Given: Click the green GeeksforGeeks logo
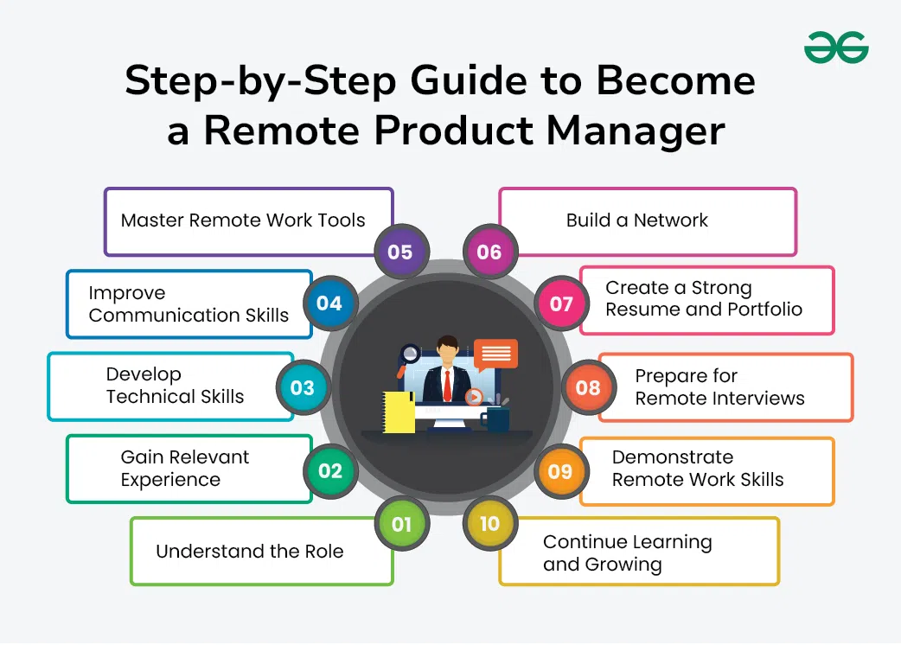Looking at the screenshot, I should [x=836, y=48].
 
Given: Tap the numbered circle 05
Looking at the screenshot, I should [x=400, y=252].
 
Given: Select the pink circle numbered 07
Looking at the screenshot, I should [x=561, y=303].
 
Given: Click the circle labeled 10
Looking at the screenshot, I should [x=489, y=524].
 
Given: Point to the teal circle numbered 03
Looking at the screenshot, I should [x=302, y=387].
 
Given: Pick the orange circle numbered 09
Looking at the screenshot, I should [x=560, y=471].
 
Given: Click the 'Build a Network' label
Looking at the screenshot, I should [x=636, y=220].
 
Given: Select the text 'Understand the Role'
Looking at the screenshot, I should [x=249, y=552].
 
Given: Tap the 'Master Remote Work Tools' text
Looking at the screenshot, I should [x=243, y=220].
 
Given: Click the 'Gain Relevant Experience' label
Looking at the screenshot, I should [x=184, y=468].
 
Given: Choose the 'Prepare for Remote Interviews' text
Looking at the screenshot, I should [x=719, y=387].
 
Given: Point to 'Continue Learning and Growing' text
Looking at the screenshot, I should [x=628, y=553].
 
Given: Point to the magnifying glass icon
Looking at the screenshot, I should [x=410, y=354].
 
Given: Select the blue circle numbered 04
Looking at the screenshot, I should [x=329, y=303].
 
